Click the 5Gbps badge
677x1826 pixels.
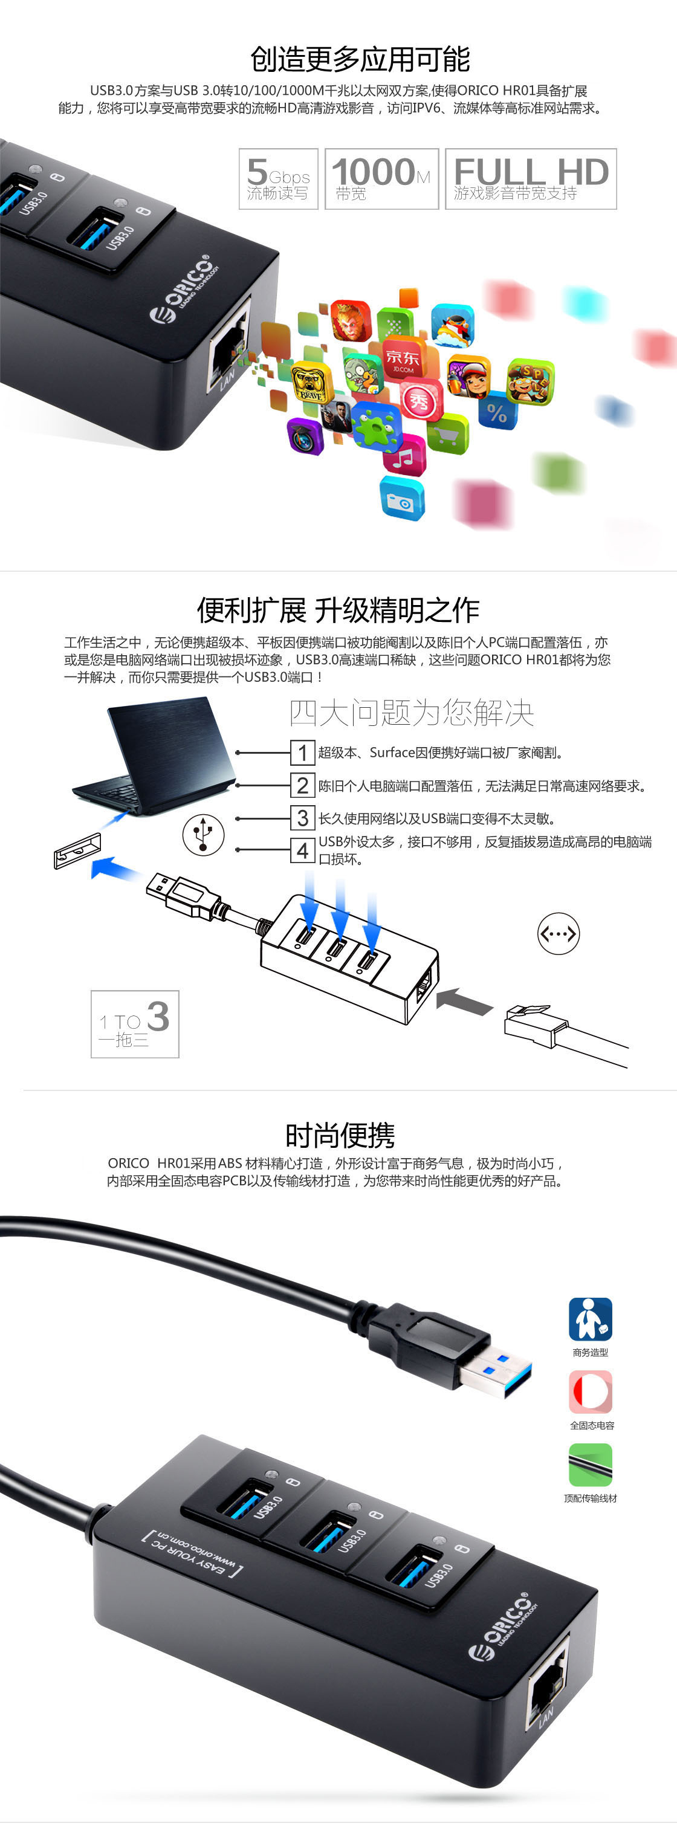click(x=279, y=179)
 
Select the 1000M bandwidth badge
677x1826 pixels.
click(x=381, y=179)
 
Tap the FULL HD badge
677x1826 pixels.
click(x=531, y=179)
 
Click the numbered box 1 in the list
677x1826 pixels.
click(x=303, y=752)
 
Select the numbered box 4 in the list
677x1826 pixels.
click(x=303, y=850)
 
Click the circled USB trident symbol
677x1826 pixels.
click(x=204, y=834)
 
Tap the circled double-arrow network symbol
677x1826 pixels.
click(x=559, y=934)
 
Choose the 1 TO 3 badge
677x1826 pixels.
click(x=135, y=1023)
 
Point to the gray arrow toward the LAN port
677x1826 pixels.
click(x=464, y=1000)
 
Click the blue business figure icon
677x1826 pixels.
click(x=590, y=1318)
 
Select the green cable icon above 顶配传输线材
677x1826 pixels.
click(x=590, y=1465)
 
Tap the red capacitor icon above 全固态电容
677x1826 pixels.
click(x=590, y=1391)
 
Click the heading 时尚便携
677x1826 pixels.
click(x=340, y=1135)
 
